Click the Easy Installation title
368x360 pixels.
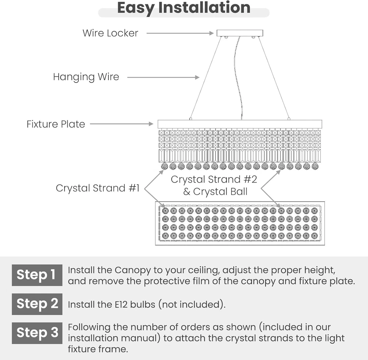point(184,8)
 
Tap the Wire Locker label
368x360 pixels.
point(110,33)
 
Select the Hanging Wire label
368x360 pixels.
point(86,77)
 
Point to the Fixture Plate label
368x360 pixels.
point(56,124)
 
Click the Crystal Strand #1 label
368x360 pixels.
point(98,188)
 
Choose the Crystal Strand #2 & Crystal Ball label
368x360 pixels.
point(214,186)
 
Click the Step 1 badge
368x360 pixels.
point(37,275)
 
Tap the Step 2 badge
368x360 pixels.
point(37,304)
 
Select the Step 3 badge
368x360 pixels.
point(37,333)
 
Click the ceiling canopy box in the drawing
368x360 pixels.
point(240,33)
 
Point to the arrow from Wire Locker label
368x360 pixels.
point(180,33)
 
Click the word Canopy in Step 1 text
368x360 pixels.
point(133,271)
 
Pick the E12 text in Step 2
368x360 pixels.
point(117,305)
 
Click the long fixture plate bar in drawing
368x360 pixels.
point(240,124)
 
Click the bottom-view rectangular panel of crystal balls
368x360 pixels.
point(240,223)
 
